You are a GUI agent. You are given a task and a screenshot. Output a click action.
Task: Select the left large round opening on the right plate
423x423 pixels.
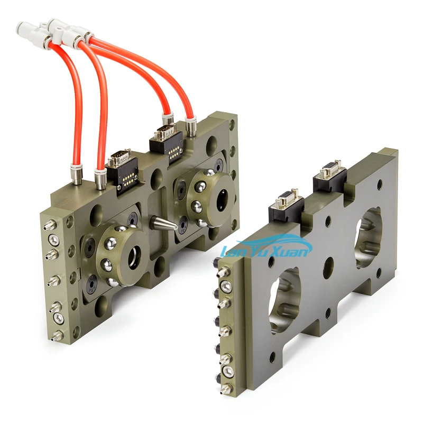point(286,299)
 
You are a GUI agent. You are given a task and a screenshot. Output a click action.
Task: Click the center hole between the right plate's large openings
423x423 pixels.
point(328,264)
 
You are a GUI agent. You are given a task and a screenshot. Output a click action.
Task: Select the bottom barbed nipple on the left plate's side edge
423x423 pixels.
point(50,333)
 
